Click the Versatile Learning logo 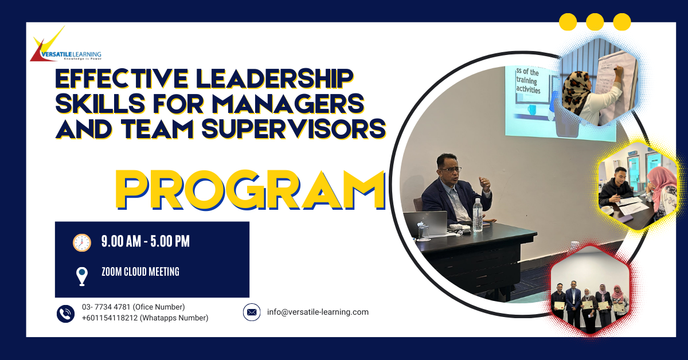point(65,46)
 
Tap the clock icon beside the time point(82,242)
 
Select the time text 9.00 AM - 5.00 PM point(145,242)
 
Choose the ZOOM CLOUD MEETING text point(140,272)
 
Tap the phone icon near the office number point(66,313)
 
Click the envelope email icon point(252,312)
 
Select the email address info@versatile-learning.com point(318,312)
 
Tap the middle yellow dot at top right point(595,22)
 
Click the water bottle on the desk point(477,216)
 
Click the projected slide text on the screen point(527,81)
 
